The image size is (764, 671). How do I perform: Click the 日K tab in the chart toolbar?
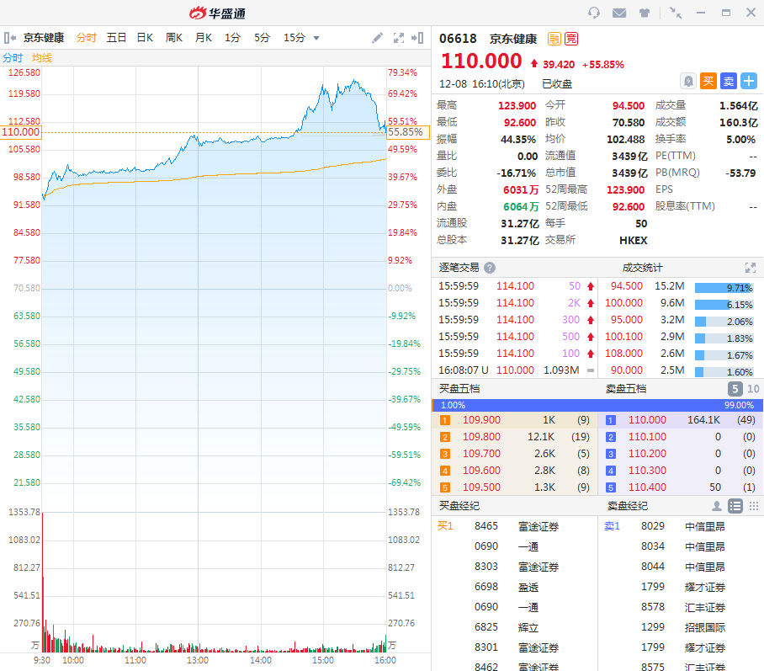click(x=145, y=37)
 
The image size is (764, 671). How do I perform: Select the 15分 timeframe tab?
click(x=294, y=37)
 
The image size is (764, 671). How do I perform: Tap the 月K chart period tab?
click(x=204, y=37)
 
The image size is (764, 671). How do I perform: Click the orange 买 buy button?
click(x=708, y=81)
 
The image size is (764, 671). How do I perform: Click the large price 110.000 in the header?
click(x=481, y=61)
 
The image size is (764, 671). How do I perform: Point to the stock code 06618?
click(x=458, y=39)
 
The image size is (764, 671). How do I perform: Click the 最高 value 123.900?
click(x=517, y=105)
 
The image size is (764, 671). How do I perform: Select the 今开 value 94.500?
click(x=628, y=105)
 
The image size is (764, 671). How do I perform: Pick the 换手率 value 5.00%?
click(x=740, y=139)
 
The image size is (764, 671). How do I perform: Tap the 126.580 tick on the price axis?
click(x=24, y=72)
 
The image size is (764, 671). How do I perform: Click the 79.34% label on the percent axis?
click(x=402, y=72)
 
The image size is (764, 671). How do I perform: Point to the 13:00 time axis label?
click(x=198, y=661)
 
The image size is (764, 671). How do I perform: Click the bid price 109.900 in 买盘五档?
click(x=481, y=420)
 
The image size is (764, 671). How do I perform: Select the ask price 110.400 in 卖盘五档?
click(x=647, y=487)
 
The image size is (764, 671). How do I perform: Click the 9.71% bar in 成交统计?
click(x=724, y=287)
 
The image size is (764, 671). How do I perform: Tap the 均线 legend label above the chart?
click(x=42, y=57)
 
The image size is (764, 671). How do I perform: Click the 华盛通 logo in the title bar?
click(x=217, y=13)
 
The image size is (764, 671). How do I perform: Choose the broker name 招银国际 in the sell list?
click(x=705, y=627)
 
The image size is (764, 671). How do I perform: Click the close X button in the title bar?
click(x=751, y=13)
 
